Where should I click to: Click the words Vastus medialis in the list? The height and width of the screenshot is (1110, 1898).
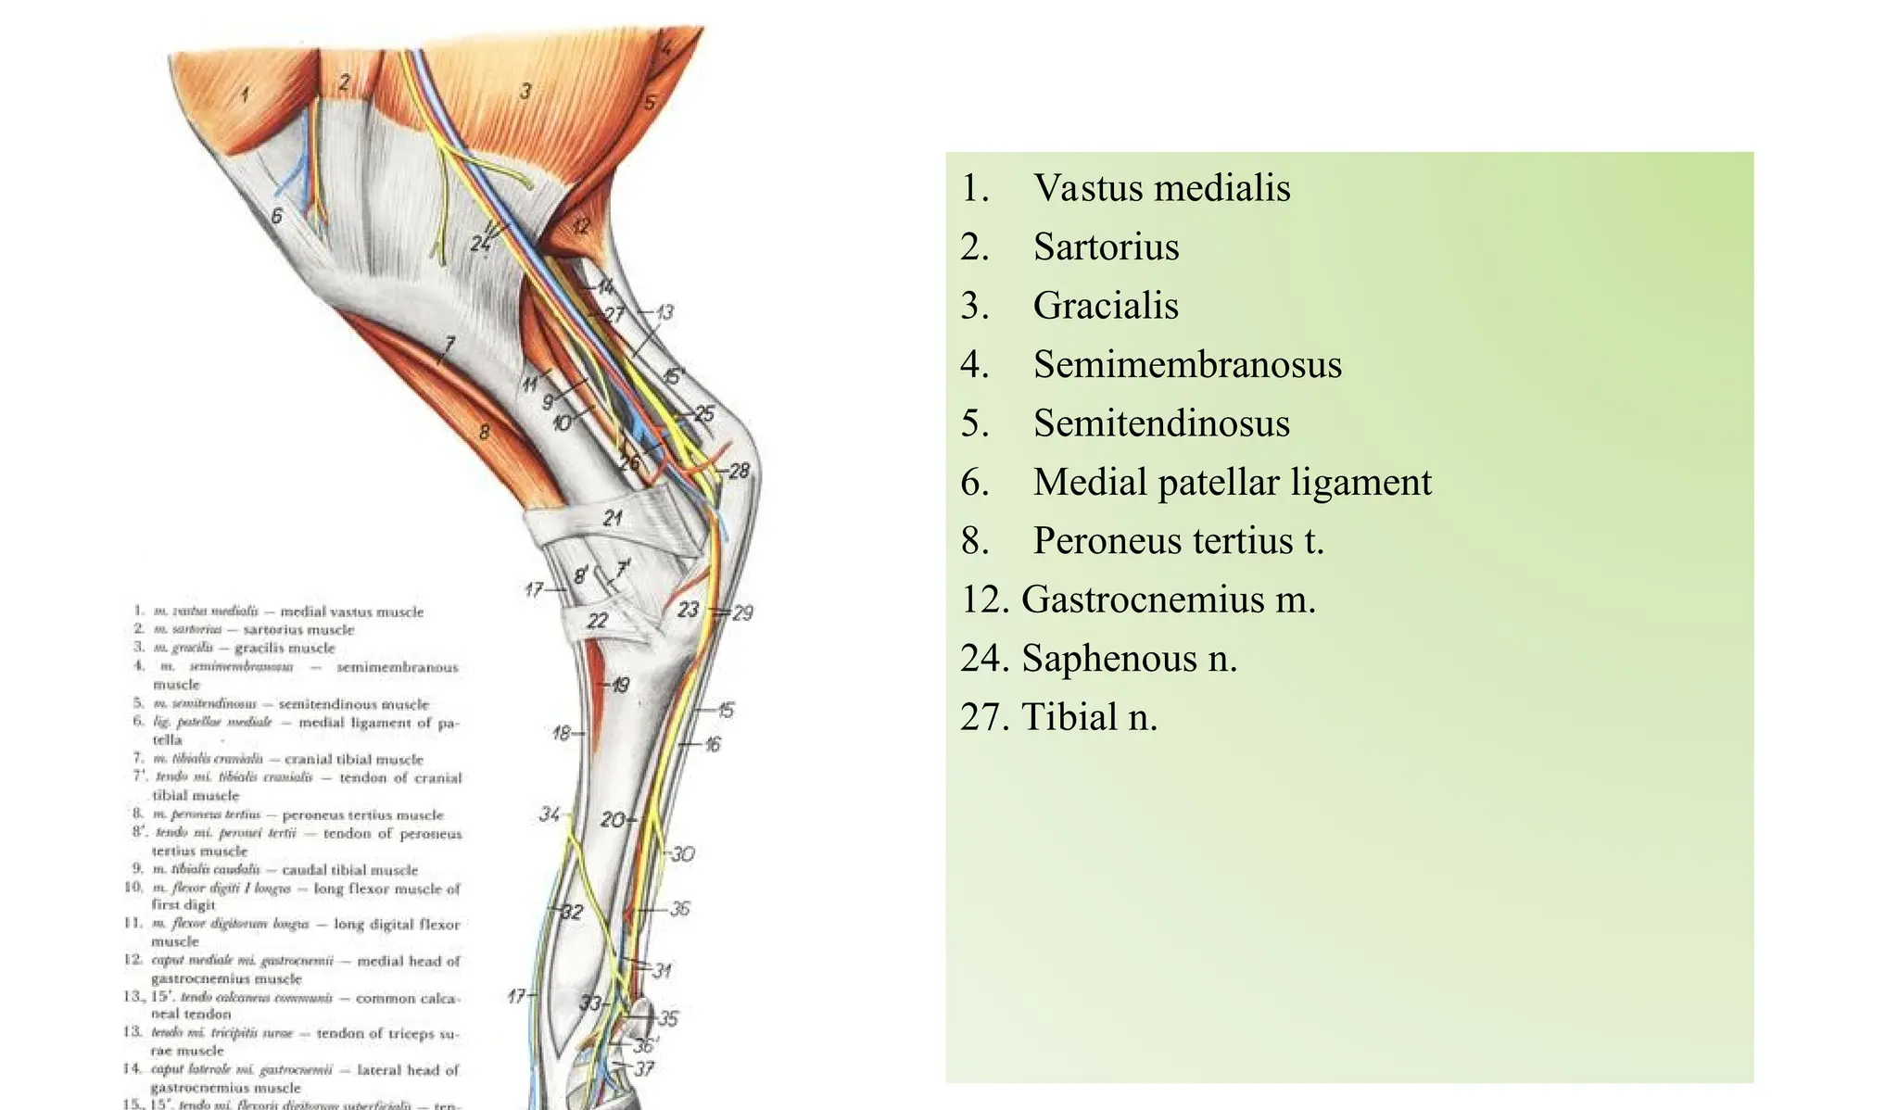(x=1161, y=188)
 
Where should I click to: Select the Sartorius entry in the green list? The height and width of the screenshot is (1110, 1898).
(x=1106, y=247)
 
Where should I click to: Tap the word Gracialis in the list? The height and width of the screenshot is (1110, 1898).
(x=1106, y=306)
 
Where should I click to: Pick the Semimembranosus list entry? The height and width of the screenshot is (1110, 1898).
(x=1187, y=364)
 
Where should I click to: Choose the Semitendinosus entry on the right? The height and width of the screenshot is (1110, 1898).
(x=1161, y=423)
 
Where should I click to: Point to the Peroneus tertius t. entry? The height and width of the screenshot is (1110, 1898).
(x=1179, y=541)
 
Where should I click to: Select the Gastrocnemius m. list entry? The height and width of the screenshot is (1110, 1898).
(x=1168, y=599)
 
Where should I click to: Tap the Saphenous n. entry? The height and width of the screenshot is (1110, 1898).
(x=1129, y=659)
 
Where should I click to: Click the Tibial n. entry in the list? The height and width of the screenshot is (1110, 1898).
(x=1089, y=717)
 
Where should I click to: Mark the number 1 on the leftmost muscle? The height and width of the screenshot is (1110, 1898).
(x=245, y=94)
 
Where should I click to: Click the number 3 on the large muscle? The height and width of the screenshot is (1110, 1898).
(x=525, y=91)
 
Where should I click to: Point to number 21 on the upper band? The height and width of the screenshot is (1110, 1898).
(x=612, y=518)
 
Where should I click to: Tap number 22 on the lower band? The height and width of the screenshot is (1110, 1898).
(x=598, y=620)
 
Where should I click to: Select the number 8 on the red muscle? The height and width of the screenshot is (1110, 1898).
(x=483, y=431)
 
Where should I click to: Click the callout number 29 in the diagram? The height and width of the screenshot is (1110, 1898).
(x=742, y=612)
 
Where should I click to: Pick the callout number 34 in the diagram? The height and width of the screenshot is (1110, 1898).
(x=550, y=814)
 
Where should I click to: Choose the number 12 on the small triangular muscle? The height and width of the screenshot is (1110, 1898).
(x=581, y=225)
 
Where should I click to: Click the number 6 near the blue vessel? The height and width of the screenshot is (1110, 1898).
(x=276, y=216)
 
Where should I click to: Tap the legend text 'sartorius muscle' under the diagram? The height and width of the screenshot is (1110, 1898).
(x=298, y=630)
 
